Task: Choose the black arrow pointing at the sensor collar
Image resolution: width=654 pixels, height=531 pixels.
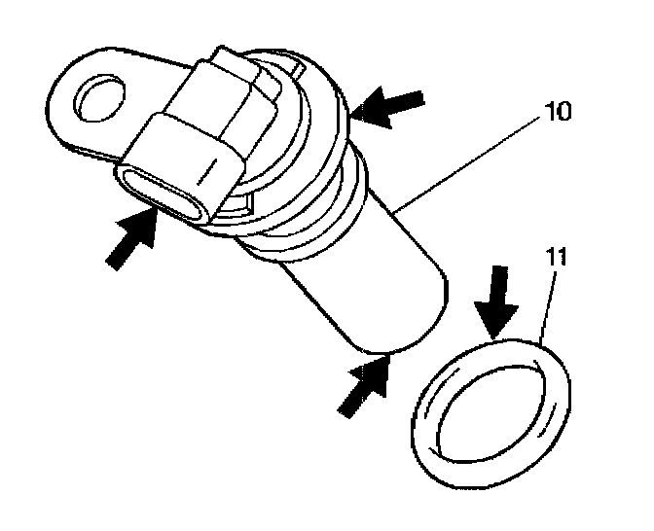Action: click(391, 106)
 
